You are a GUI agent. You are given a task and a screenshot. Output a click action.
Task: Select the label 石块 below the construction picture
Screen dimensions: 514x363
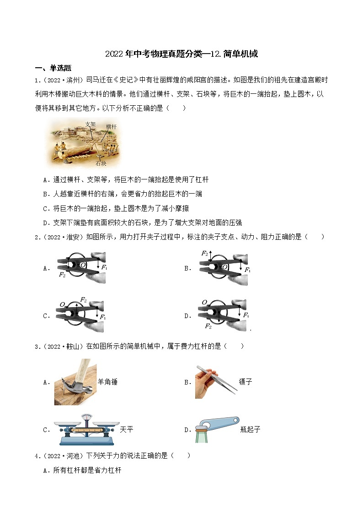(x=101, y=162)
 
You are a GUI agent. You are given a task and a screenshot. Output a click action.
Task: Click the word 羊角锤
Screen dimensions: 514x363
(x=108, y=382)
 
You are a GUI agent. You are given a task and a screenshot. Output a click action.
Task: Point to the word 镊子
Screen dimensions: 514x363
(x=246, y=382)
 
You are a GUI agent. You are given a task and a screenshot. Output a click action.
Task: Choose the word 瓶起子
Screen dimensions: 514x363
(x=250, y=430)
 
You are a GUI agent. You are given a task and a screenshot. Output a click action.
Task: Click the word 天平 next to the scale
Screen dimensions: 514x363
(x=126, y=430)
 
